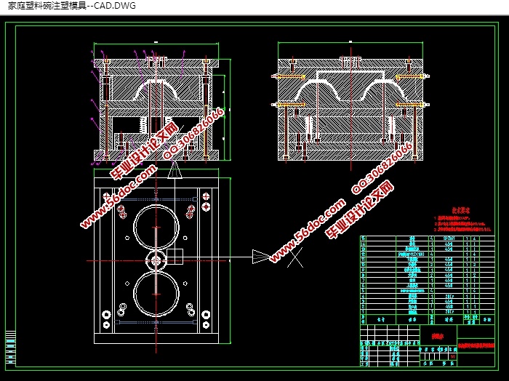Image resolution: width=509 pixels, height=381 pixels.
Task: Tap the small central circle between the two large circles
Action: pos(156,260)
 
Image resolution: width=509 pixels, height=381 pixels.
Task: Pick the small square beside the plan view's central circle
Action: pos(174,256)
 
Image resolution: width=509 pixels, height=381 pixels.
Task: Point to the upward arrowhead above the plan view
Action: pos(174,172)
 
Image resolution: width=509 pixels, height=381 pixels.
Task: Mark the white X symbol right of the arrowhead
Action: pos(295,257)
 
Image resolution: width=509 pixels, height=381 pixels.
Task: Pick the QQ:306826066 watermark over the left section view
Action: pos(193,133)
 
